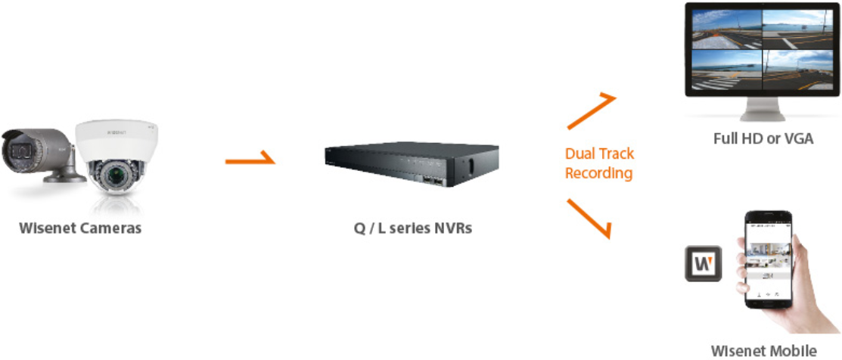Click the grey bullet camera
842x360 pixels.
(x=34, y=151)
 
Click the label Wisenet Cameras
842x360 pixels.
(x=80, y=228)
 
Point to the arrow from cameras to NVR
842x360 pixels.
(x=250, y=161)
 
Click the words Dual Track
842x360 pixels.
(x=599, y=154)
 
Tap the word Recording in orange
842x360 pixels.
(x=598, y=173)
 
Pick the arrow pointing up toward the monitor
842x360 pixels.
(x=592, y=111)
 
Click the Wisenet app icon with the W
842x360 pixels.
(x=703, y=263)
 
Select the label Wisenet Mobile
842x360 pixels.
(x=764, y=350)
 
